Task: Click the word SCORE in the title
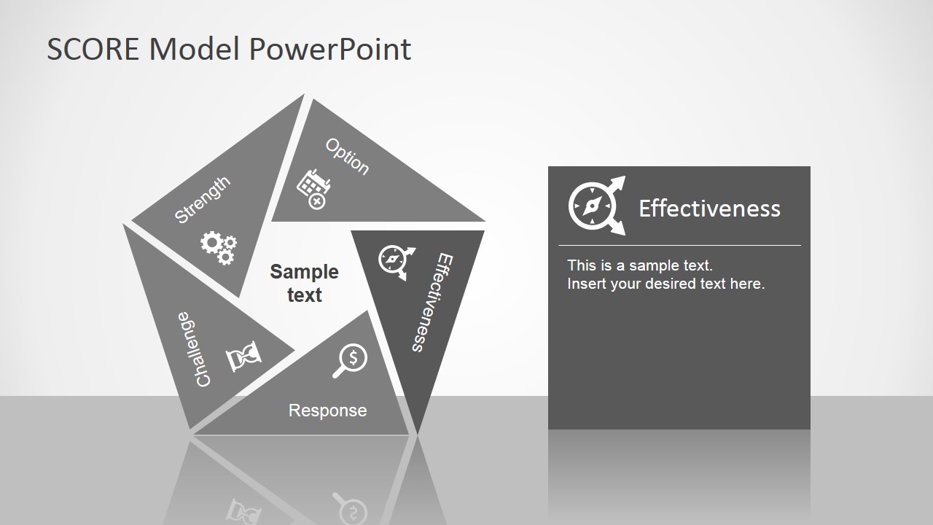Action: coord(95,49)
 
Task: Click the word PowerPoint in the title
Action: coord(329,49)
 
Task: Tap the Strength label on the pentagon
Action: coord(203,200)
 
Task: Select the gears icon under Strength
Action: coord(219,247)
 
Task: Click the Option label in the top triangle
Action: coord(347,157)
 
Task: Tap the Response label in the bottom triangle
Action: coord(327,411)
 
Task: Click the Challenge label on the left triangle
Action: coord(194,350)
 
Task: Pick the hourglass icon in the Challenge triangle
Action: coord(243,357)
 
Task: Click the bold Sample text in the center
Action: coord(304,283)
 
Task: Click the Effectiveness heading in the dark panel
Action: coord(709,209)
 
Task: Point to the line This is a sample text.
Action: coord(639,265)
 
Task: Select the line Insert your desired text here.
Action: coord(665,284)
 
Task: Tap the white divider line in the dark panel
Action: coord(679,245)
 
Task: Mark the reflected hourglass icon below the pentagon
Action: coord(243,510)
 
